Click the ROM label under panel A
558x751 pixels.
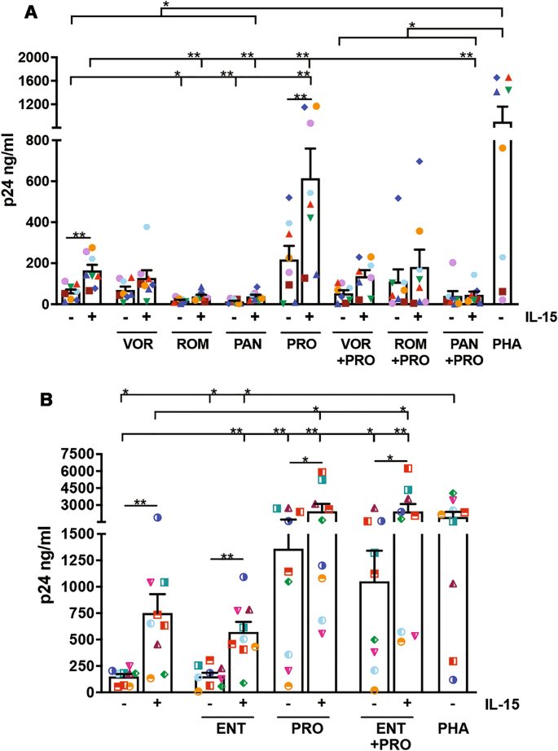pos(189,345)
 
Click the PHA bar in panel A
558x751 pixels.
pos(502,212)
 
